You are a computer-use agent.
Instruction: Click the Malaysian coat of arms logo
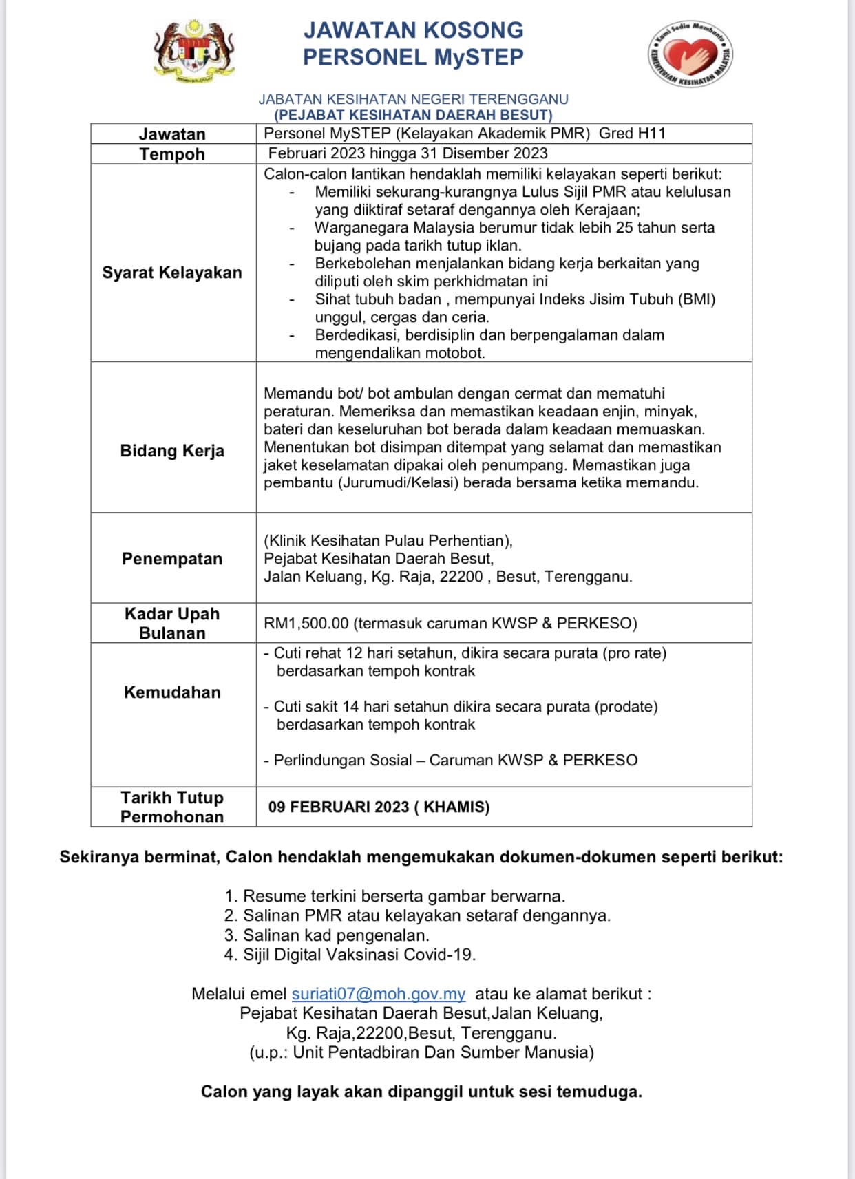point(193,52)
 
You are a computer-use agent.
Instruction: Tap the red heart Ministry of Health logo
point(690,54)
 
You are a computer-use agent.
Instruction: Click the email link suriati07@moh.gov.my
point(378,994)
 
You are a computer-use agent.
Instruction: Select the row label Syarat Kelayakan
point(172,273)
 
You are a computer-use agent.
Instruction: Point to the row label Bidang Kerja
point(172,451)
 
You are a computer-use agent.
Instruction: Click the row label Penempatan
point(172,559)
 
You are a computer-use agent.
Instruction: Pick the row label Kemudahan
point(172,692)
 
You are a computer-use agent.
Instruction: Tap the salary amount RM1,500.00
point(306,624)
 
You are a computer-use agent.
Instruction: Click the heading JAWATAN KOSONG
point(413,30)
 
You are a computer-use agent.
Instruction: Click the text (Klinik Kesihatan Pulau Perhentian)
point(388,541)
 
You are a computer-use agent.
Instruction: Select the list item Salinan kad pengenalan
point(336,935)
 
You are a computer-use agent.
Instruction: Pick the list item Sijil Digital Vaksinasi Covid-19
point(359,955)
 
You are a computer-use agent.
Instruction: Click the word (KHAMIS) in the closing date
point(456,807)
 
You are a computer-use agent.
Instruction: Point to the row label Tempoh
point(172,154)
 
